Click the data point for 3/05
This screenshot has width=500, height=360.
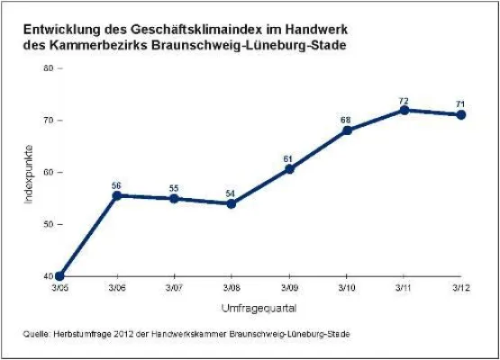(59, 276)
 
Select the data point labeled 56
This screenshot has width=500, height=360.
(116, 194)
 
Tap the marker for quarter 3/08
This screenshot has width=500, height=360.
(232, 203)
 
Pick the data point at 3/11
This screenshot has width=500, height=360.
(404, 110)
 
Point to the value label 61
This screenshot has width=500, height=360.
(288, 158)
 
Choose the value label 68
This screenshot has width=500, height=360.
(346, 120)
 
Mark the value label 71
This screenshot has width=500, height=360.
(461, 103)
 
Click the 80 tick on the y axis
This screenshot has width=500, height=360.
(47, 68)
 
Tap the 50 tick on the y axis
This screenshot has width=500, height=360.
(47, 224)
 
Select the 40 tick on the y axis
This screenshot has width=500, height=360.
(47, 276)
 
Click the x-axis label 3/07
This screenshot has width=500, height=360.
(174, 287)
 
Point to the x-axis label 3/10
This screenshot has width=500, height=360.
(347, 287)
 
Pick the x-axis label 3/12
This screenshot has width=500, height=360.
(461, 287)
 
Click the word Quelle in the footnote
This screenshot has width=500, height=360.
(37, 334)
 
